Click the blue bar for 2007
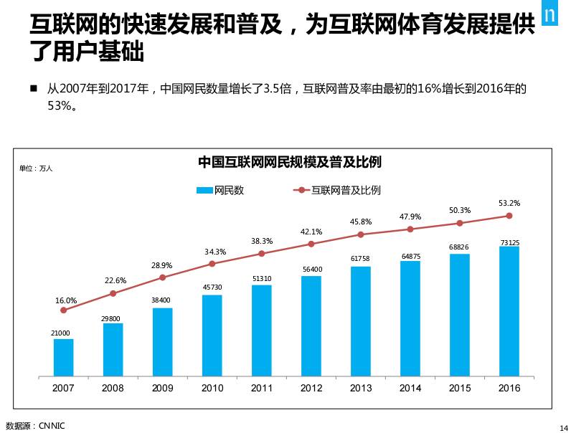[x=63, y=357]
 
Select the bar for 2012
[x=311, y=325]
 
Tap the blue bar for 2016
[x=509, y=311]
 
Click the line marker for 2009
[x=163, y=277]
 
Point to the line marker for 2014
[x=410, y=229]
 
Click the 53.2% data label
[x=509, y=204]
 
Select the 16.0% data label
[x=66, y=300]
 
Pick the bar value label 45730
[x=212, y=287]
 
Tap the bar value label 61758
[x=361, y=259]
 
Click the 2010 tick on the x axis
[x=212, y=388]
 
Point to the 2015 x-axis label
[x=460, y=388]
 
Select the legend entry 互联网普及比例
[x=336, y=191]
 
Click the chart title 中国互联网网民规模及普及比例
[x=289, y=163]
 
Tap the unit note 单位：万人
[x=36, y=168]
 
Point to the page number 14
[x=562, y=427]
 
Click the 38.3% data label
[x=262, y=242]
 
